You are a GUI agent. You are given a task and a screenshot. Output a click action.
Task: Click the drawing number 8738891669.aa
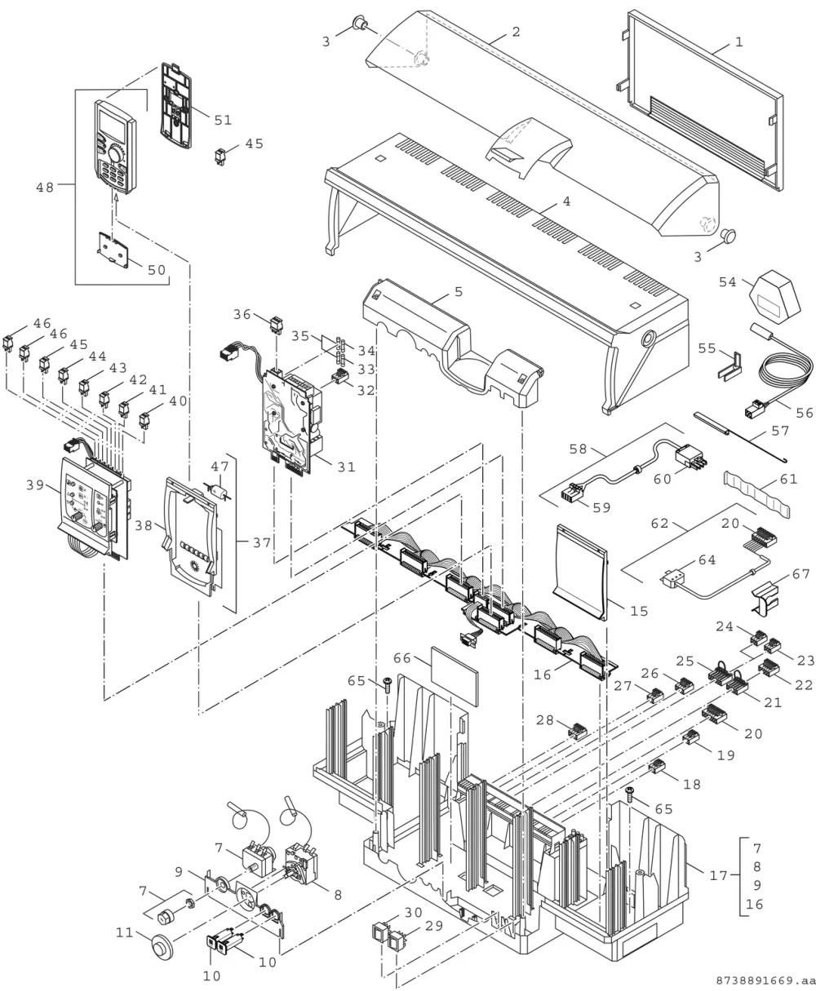[x=765, y=980]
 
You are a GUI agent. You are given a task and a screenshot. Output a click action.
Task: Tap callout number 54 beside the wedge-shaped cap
[x=728, y=282]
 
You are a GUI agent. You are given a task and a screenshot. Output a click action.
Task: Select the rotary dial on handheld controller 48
[x=116, y=153]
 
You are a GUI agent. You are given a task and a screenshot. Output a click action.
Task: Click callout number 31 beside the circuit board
[x=347, y=467]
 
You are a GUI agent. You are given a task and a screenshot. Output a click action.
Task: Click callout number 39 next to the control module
[x=35, y=485]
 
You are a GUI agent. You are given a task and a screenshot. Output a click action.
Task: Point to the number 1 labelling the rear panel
[x=739, y=42]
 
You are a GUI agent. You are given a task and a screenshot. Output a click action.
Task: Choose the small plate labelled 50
[x=113, y=250]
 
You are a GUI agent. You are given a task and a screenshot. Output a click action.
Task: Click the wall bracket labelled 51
[x=176, y=106]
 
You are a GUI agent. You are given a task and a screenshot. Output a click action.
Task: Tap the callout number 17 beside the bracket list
[x=718, y=875]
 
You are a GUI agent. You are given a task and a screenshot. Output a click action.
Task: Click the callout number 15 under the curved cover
[x=639, y=611]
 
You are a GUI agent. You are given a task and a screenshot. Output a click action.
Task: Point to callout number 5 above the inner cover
[x=459, y=292]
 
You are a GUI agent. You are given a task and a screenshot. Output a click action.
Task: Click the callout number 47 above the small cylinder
[x=220, y=467]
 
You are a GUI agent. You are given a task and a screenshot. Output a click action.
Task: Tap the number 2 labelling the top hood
[x=516, y=32]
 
